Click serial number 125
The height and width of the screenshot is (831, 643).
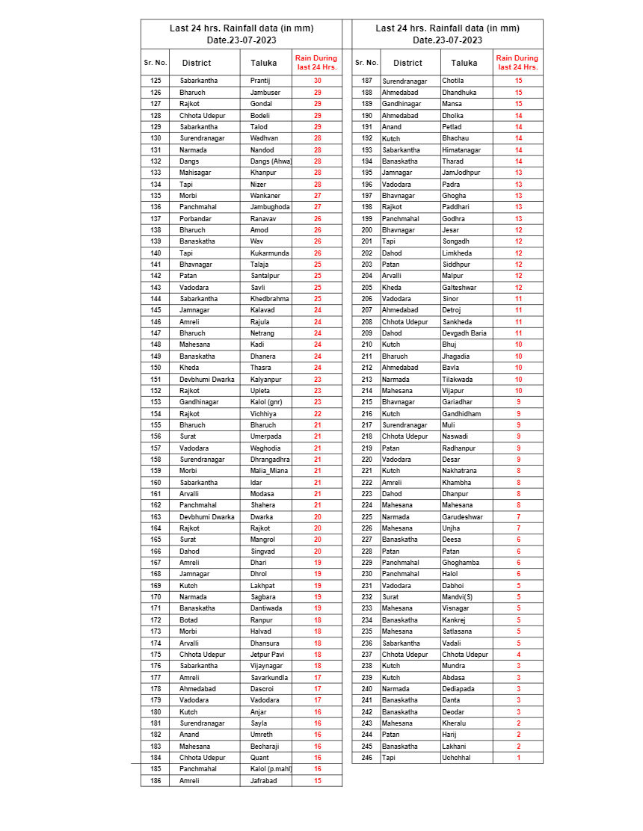[156, 81]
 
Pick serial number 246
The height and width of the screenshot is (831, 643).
[366, 758]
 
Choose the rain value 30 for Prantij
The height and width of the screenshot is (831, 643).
[317, 81]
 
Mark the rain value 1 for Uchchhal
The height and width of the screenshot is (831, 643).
[519, 758]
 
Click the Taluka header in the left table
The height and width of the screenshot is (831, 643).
[264, 63]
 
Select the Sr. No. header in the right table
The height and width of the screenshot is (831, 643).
[366, 63]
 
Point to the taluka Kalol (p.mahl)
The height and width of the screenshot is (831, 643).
[271, 769]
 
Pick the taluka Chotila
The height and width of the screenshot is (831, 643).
[453, 81]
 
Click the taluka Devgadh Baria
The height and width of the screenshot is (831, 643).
[464, 333]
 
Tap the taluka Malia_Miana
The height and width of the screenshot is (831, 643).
[269, 471]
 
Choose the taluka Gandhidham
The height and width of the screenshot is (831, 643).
[461, 413]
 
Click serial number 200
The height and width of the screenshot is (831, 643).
[366, 230]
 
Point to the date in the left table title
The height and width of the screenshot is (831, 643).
[241, 40]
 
